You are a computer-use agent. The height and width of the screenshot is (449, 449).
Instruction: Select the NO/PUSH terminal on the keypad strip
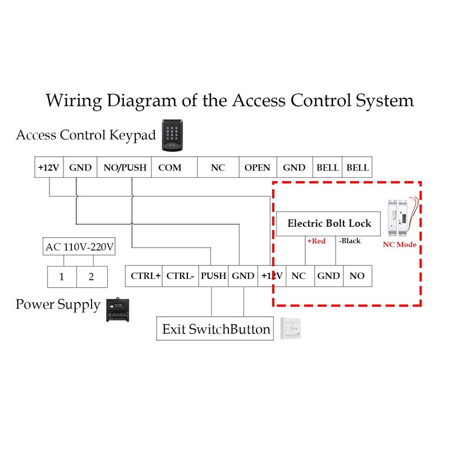click(124, 167)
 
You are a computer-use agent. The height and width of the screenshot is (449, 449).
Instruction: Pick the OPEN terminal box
click(257, 167)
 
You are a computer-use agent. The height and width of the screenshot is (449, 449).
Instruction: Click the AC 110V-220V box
click(79, 246)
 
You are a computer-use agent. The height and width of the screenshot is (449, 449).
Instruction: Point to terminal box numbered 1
click(61, 276)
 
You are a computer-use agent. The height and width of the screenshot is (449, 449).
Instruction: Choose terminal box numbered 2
click(91, 276)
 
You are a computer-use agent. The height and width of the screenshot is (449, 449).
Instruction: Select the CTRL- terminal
click(181, 276)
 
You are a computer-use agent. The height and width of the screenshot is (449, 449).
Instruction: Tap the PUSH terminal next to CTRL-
click(213, 276)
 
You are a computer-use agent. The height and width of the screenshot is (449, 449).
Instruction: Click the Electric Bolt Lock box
click(329, 223)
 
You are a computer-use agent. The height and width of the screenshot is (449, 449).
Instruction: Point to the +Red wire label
click(316, 241)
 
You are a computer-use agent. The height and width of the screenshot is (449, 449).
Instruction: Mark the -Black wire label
click(350, 241)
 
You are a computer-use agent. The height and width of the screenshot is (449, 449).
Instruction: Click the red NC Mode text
click(400, 245)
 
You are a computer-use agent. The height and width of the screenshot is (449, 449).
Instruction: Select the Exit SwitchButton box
click(216, 329)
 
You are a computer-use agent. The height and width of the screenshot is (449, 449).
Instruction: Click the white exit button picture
click(292, 328)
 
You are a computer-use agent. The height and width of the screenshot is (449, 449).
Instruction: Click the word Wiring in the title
click(74, 100)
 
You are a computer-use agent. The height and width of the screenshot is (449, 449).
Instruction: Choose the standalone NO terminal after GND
click(357, 276)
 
